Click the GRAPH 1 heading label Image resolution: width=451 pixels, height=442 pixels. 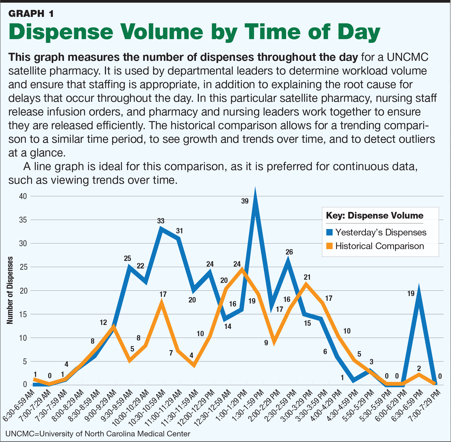(x=31, y=13)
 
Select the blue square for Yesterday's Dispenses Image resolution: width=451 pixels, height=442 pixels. (x=330, y=232)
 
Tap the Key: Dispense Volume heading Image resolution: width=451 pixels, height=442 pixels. (x=374, y=216)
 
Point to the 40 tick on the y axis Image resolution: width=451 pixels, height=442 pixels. (x=23, y=196)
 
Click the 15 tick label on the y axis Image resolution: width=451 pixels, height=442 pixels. (x=23, y=314)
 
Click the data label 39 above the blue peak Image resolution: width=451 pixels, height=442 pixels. (x=245, y=201)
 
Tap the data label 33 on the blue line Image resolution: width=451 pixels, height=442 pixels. (x=161, y=221)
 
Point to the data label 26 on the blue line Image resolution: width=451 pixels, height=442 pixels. (x=289, y=252)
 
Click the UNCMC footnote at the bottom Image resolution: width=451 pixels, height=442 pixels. (x=98, y=434)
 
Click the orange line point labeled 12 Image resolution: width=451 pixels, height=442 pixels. (x=114, y=327)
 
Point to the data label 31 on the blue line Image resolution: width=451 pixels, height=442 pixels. (x=179, y=231)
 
